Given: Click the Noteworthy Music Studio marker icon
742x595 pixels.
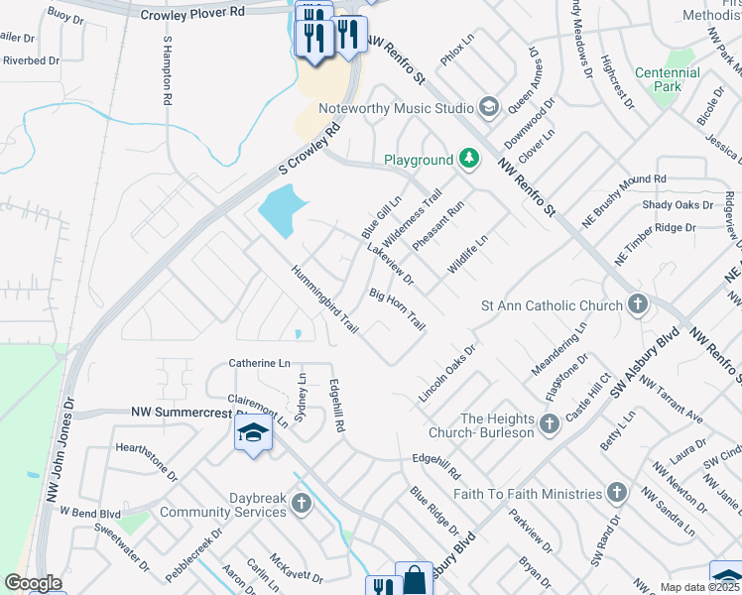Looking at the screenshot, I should click(487, 106).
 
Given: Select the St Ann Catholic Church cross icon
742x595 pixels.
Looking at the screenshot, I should click(638, 304).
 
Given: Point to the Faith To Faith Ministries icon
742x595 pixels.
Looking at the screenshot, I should click(616, 493).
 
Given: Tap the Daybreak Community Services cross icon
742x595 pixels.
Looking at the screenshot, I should click(304, 506).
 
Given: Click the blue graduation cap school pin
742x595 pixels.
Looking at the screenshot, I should click(253, 433).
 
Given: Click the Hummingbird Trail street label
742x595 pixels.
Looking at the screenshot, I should click(324, 297).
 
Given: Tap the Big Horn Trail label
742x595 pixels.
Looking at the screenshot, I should click(397, 309).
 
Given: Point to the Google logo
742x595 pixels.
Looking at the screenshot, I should click(33, 583).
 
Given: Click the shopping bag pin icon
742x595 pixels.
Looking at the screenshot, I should click(414, 580).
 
